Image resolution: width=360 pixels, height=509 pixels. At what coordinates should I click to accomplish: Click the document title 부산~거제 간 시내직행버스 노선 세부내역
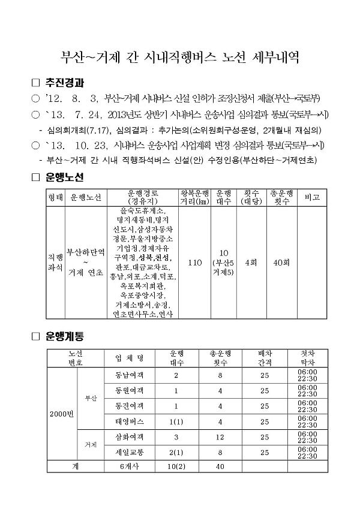[x=180, y=58]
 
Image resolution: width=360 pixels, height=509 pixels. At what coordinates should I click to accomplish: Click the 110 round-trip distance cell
[x=194, y=263]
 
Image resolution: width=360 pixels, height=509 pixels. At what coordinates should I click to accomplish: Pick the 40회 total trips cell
[x=281, y=263]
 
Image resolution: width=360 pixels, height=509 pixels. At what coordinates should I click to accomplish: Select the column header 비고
[x=312, y=197]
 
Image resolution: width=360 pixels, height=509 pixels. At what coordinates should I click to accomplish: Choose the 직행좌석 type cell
[x=55, y=263]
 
